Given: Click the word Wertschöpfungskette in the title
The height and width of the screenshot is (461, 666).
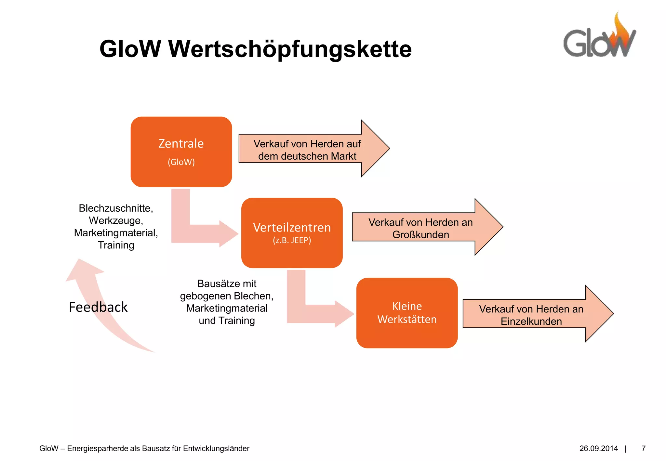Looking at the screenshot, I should (x=290, y=49).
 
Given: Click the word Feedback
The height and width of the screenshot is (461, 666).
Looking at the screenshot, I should (x=98, y=307).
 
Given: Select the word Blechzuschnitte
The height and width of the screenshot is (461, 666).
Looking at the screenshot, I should (x=116, y=208).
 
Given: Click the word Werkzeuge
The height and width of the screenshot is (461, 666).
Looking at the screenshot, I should (x=116, y=220).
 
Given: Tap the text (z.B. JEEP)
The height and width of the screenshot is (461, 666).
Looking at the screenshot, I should (x=292, y=240).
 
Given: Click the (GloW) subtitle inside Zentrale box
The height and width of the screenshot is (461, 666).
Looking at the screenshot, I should (x=181, y=162).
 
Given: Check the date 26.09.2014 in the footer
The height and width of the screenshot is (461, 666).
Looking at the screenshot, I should (x=598, y=449).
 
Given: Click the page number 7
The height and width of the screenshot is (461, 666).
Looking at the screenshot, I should (x=643, y=449).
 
